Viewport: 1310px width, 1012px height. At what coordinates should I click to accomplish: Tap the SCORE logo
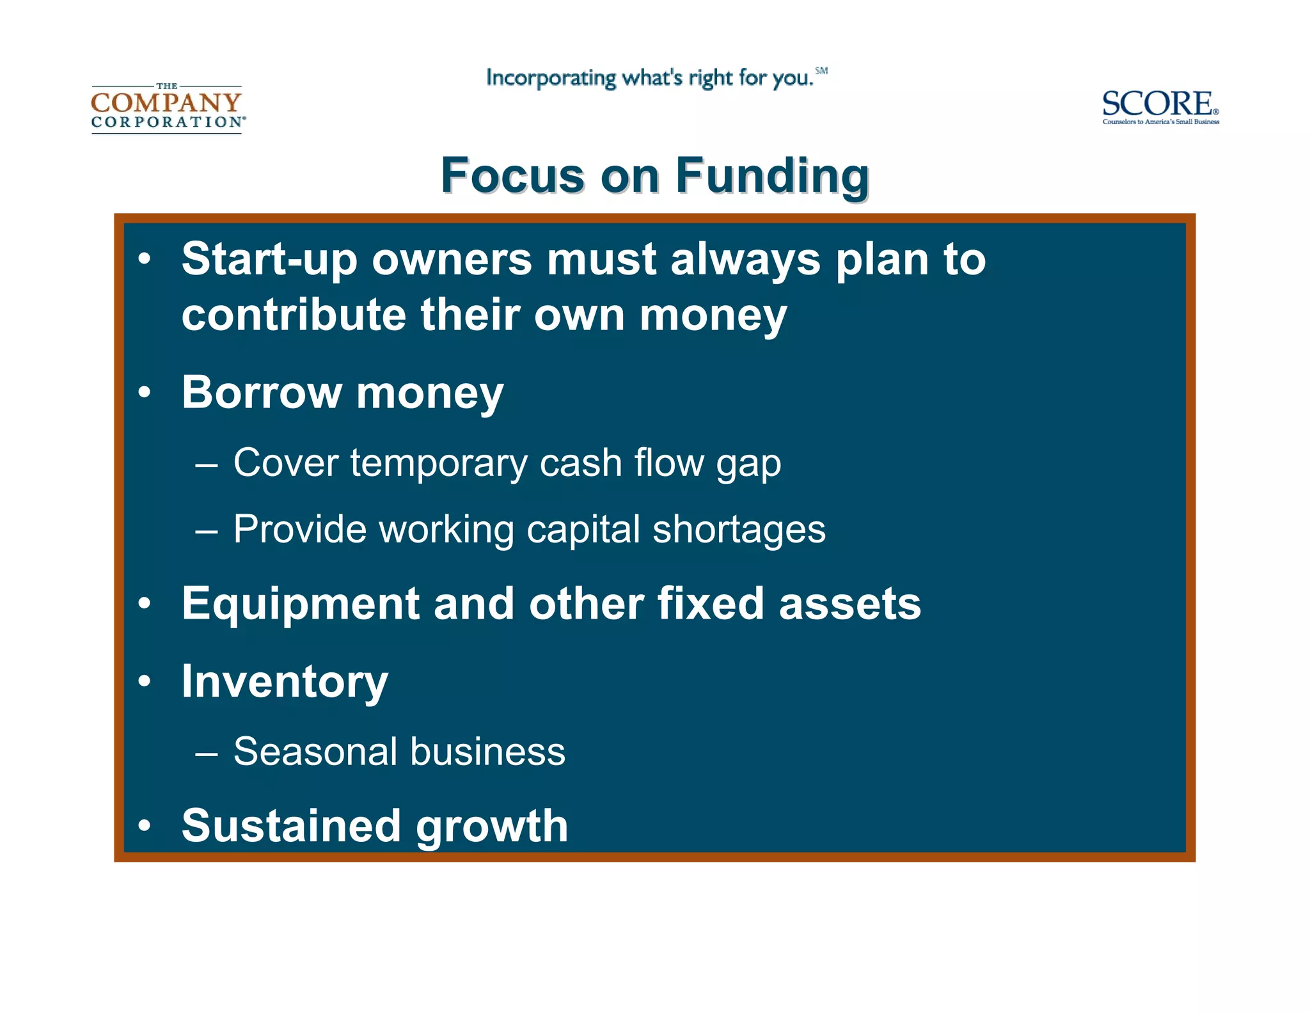click(x=1160, y=106)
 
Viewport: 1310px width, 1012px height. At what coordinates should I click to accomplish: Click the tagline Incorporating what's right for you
click(x=649, y=78)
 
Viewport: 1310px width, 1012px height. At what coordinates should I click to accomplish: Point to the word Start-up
click(x=269, y=260)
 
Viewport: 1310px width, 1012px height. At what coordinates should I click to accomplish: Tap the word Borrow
click(x=262, y=392)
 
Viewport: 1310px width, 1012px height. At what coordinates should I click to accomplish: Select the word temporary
click(x=438, y=463)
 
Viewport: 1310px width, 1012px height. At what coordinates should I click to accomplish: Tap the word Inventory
click(x=285, y=683)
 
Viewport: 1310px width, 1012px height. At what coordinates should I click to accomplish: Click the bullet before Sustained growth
click(x=145, y=826)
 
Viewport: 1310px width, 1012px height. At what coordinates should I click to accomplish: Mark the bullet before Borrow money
click(x=145, y=392)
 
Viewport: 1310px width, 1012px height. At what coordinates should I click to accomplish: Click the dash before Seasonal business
click(x=207, y=753)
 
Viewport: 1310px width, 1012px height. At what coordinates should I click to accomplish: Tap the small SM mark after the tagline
click(x=821, y=71)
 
